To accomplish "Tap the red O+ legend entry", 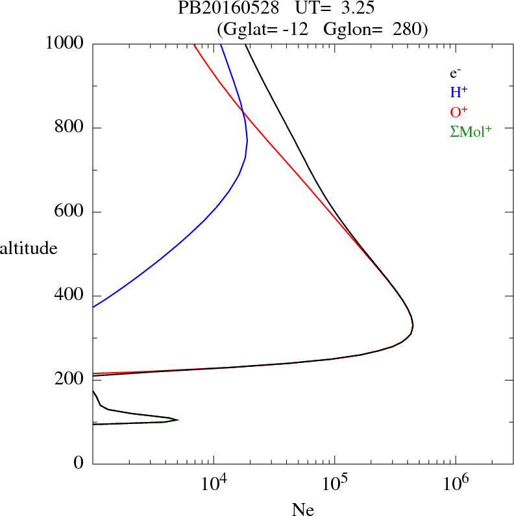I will point(459,112).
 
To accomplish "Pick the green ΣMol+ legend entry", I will point(471,132).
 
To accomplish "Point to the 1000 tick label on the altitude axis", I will point(66,43).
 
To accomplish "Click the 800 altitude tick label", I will point(70,128).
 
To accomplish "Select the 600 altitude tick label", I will point(70,212).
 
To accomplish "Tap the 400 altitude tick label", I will point(70,296).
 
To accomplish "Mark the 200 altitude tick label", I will point(70,380).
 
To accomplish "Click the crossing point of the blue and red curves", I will point(243,112).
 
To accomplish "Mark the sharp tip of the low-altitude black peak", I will point(178,419).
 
